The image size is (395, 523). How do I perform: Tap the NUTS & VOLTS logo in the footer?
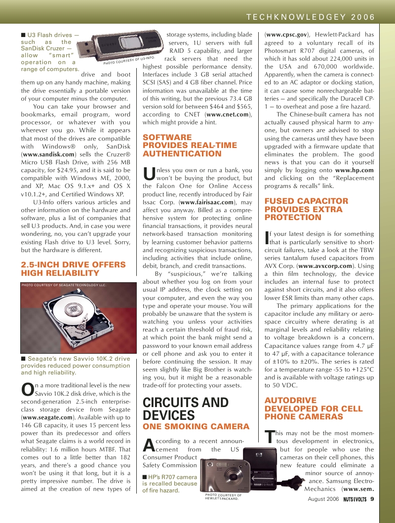pos(355,499)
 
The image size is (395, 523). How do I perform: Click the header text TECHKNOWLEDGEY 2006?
pos(311,17)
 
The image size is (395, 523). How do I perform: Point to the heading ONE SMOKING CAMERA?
pos(196,426)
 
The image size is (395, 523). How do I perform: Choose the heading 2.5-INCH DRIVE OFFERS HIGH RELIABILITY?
pos(60,269)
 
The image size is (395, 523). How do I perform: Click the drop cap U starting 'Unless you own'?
pos(149,174)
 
